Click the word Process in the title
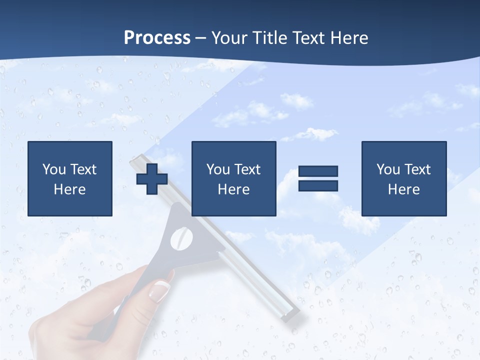click(x=157, y=37)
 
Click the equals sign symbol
click(x=318, y=178)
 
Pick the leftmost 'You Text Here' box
click(x=70, y=178)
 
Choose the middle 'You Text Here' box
click(x=233, y=178)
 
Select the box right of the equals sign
click(x=404, y=178)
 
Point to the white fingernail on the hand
click(x=160, y=289)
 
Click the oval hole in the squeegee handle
click(x=181, y=238)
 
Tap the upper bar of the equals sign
click(x=318, y=171)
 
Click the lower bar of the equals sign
click(x=318, y=186)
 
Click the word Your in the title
click(x=228, y=37)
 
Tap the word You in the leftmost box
click(x=54, y=169)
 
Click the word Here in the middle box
click(x=233, y=189)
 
